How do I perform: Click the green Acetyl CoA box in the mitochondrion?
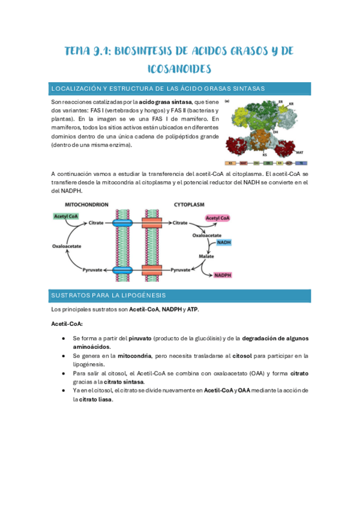click(x=67, y=216)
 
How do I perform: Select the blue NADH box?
click(x=224, y=242)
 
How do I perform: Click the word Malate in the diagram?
click(x=208, y=256)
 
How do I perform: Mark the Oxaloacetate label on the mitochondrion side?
click(x=65, y=246)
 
